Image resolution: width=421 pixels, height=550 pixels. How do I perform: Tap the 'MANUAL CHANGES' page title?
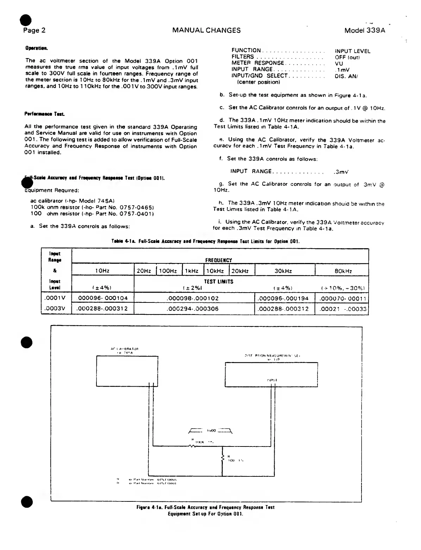[207, 30]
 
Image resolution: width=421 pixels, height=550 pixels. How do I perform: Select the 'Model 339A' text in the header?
[365, 30]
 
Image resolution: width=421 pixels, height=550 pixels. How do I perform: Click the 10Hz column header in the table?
[103, 271]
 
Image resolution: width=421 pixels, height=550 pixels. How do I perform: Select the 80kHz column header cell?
[341, 271]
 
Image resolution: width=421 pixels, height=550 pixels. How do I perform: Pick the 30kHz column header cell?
[284, 271]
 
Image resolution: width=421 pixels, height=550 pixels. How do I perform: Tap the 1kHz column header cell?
[192, 271]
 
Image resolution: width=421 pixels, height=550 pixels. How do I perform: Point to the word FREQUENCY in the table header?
[219, 261]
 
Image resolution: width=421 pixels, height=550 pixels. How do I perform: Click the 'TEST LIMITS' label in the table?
[219, 282]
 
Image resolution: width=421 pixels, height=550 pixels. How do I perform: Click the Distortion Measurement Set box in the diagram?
[273, 373]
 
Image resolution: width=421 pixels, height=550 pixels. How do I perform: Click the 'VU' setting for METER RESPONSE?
[339, 63]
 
